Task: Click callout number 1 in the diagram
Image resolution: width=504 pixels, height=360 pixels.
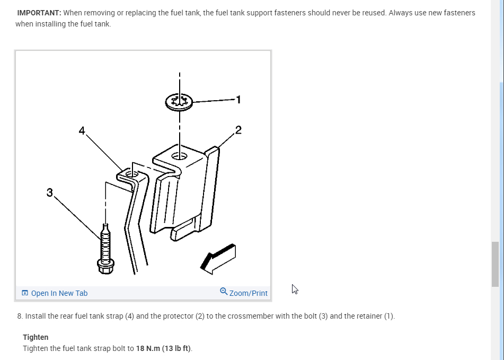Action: (x=238, y=99)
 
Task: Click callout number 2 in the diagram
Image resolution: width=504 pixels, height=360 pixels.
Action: (x=238, y=130)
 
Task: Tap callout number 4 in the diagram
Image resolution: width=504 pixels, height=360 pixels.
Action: (x=82, y=130)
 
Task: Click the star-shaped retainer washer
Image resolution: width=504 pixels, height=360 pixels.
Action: (x=179, y=101)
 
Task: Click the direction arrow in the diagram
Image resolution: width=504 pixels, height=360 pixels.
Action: (x=217, y=258)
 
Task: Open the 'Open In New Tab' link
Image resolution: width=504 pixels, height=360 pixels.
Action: (x=59, y=293)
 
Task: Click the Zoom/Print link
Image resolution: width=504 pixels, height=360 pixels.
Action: (x=248, y=293)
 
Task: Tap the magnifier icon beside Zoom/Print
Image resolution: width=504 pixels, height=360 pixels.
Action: (x=224, y=292)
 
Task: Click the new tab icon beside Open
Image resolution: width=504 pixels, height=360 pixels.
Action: (x=25, y=293)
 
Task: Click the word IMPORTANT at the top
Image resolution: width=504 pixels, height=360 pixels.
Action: (x=39, y=13)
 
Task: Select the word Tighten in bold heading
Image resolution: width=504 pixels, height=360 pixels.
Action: (x=36, y=337)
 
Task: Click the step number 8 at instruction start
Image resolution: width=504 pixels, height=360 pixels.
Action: (x=20, y=317)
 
